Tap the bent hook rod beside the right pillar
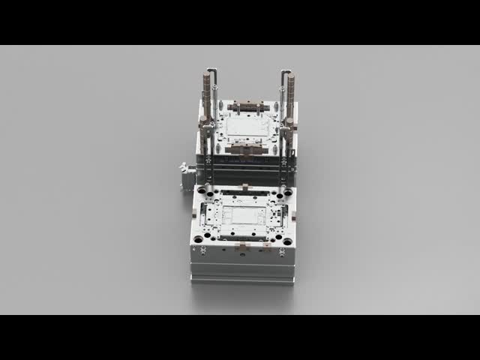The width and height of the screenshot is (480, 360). coord(283,73)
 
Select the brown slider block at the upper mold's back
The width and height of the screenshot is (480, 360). coord(244,106)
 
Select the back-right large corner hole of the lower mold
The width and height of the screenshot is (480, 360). coord(288,193)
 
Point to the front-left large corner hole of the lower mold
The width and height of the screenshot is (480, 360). coord(199,239)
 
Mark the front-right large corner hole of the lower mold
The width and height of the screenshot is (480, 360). coord(287,240)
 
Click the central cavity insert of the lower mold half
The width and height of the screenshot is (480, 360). coord(245,216)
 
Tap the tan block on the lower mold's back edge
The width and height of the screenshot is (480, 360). coord(244,187)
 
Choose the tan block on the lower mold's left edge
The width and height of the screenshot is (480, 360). coord(193,216)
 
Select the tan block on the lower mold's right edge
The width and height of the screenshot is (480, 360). coord(294,216)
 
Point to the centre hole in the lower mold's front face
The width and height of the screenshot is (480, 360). coord(242,253)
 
